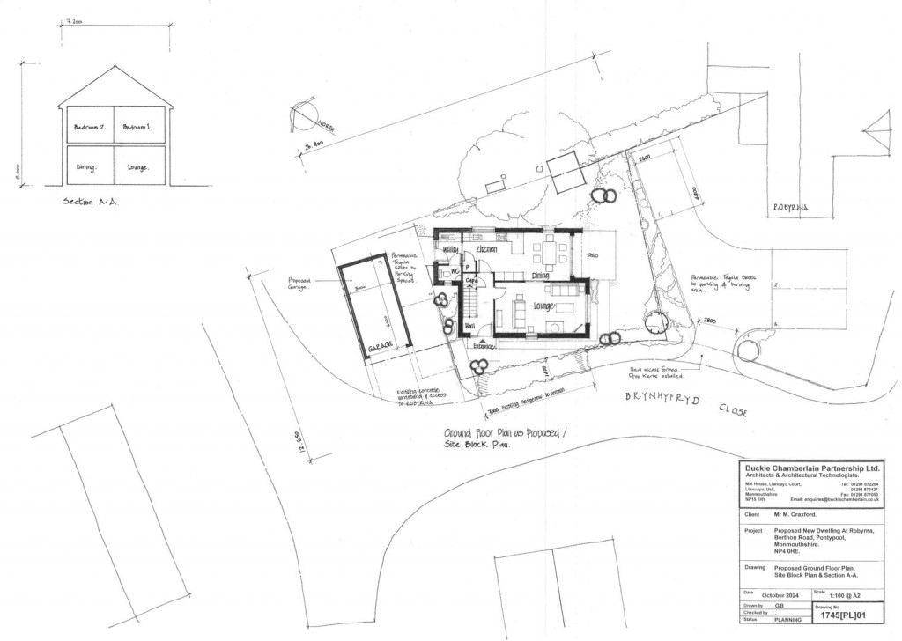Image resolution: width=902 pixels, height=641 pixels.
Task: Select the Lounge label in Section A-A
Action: pos(139,166)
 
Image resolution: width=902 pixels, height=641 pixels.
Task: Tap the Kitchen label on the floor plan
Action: pos(487,250)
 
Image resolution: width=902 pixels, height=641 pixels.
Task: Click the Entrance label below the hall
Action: pos(483,346)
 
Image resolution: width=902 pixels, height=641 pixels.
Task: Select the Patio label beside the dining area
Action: pos(593,256)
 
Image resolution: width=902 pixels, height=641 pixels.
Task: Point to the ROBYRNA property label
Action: pos(789,209)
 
